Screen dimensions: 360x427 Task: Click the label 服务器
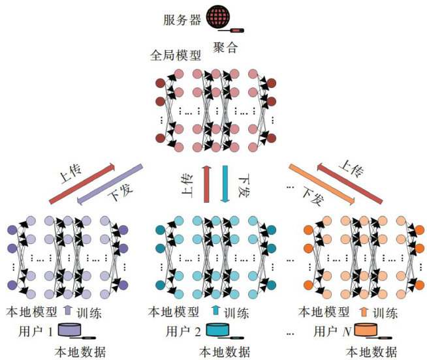pyautogui.click(x=181, y=18)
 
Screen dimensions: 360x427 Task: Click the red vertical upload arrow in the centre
pyautogui.click(x=206, y=184)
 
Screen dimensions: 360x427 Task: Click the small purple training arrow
pyautogui.click(x=68, y=312)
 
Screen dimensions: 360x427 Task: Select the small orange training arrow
pyautogui.click(x=364, y=312)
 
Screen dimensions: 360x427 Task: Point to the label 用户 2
pyautogui.click(x=182, y=331)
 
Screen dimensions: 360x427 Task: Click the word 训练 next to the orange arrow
pyautogui.click(x=384, y=312)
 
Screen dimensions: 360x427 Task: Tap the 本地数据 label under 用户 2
pyautogui.click(x=224, y=352)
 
